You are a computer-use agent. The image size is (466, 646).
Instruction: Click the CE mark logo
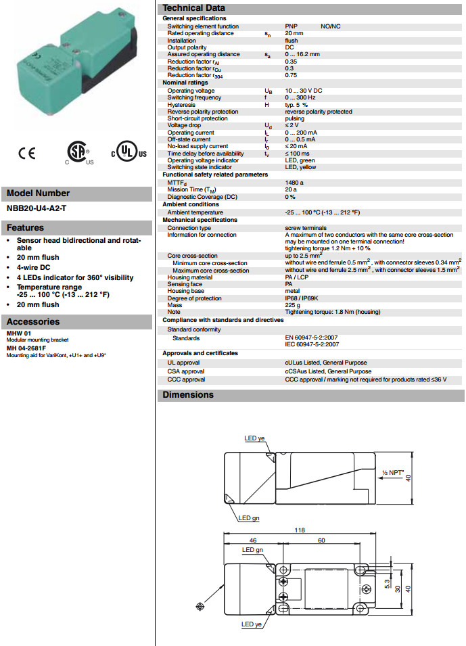point(27,154)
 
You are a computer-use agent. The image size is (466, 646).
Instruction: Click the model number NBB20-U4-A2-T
point(37,208)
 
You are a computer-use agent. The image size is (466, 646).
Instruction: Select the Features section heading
point(26,228)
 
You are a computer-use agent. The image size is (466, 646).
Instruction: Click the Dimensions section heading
point(188,395)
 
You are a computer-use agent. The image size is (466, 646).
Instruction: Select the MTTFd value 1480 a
point(294,183)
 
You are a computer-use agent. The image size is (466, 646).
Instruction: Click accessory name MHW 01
point(20,333)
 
